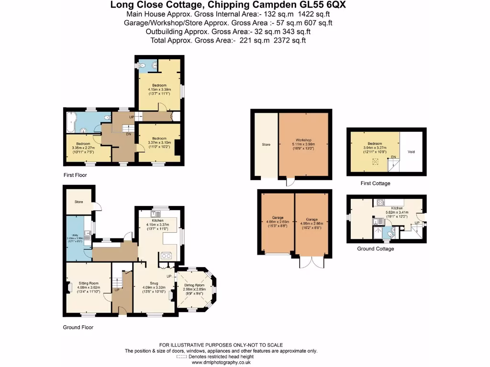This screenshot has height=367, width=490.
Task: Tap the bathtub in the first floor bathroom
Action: click(70, 123)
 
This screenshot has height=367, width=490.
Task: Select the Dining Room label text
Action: click(195, 285)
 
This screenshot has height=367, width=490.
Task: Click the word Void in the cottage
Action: click(411, 152)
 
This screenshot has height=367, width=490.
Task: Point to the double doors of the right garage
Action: click(311, 262)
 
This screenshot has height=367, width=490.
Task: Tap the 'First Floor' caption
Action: click(75, 175)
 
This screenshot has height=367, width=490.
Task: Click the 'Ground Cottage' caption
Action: click(376, 249)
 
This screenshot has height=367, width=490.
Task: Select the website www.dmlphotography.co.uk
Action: click(221, 363)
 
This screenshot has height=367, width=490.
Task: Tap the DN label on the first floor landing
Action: click(128, 134)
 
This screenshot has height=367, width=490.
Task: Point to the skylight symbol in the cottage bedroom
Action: click(375, 162)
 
